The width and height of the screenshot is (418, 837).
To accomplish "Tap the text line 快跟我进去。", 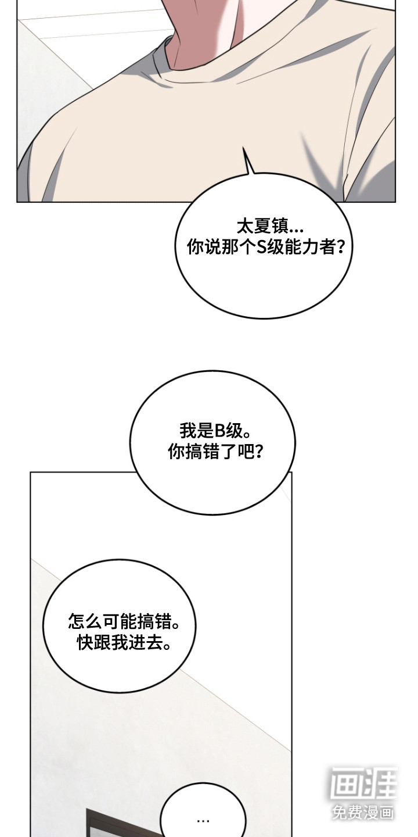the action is (x=124, y=643).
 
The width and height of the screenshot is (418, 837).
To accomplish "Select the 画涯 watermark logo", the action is (x=363, y=784).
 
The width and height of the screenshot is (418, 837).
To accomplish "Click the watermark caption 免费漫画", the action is (x=363, y=811).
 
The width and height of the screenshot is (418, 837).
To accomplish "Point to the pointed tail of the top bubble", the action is (x=244, y=148).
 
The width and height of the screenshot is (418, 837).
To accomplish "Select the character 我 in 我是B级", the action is (x=188, y=431).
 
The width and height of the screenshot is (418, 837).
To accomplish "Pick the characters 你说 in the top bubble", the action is (x=204, y=247).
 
